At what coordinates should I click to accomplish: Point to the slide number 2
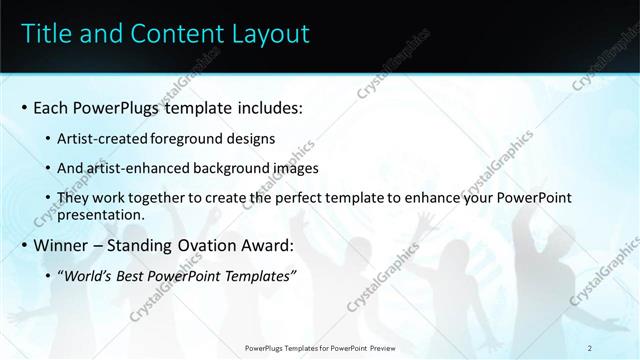(590, 347)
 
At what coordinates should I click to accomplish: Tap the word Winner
(62, 246)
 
